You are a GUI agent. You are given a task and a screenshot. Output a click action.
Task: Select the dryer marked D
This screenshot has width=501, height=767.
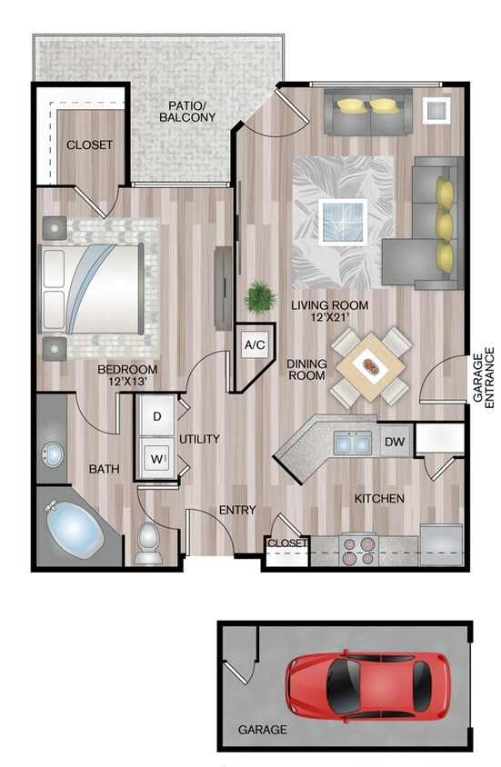pos(156,416)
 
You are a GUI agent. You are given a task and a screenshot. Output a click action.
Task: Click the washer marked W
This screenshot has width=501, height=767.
pos(156,456)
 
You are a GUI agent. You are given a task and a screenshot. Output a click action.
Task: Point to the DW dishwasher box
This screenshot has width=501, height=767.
pos(395,443)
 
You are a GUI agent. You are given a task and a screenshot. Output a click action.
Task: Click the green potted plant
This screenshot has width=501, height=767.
pos(262,295)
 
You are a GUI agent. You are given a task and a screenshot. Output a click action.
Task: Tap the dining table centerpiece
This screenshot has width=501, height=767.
pos(371,366)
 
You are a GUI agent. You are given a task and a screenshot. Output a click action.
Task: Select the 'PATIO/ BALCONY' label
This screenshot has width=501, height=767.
pos(187,112)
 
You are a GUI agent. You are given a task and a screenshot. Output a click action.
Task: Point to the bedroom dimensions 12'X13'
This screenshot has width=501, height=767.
pos(128,383)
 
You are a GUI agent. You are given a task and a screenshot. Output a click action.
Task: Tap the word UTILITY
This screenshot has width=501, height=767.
pos(199,439)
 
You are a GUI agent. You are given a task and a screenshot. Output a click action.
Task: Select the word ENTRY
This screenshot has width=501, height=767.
pos(237,510)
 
